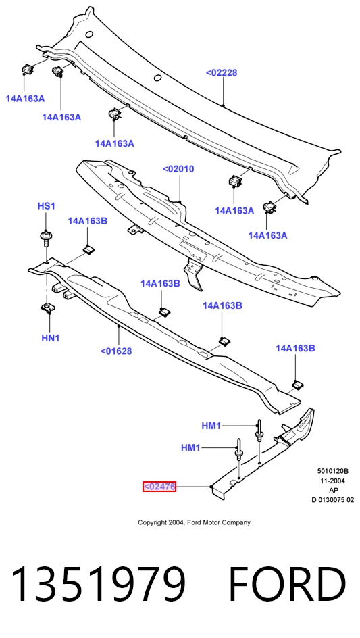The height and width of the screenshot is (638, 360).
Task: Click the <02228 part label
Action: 222,73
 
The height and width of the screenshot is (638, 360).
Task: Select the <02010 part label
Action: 178,169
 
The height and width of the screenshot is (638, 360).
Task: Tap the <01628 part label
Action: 116,351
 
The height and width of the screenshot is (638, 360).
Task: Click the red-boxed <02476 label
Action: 159,486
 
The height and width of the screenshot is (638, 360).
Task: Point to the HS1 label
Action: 47,206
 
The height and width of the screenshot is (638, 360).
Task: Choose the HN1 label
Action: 51,338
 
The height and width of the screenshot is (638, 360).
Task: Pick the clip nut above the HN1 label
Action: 48,308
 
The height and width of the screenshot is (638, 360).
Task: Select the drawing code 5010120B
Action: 333,471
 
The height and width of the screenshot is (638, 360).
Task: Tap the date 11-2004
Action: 333,481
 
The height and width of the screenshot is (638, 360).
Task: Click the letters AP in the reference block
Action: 333,490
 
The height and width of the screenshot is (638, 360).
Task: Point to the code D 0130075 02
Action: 333,500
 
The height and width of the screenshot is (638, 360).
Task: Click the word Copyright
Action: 151,523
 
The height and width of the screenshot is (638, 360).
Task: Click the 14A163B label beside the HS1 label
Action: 87,221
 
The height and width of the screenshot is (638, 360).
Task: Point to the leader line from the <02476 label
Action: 192,487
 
